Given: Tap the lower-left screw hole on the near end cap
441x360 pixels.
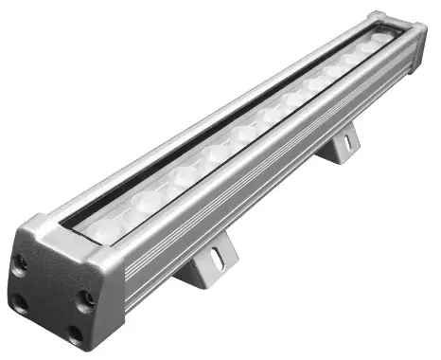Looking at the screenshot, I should pyautogui.click(x=20, y=302).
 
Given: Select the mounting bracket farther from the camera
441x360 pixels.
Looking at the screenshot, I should pyautogui.click(x=340, y=147).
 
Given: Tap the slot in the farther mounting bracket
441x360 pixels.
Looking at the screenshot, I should pyautogui.click(x=347, y=142).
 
